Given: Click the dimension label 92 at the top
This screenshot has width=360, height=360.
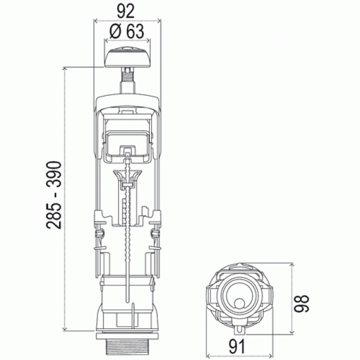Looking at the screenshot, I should (x=127, y=10).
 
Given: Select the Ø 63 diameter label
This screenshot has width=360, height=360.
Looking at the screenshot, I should (x=127, y=32).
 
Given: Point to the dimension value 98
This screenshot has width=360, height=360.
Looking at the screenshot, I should (x=302, y=303).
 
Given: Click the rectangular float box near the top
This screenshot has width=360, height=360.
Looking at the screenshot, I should (x=127, y=142).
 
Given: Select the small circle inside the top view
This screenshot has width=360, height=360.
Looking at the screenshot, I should (x=239, y=303).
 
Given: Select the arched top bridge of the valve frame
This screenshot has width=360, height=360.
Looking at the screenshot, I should (x=127, y=100).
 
